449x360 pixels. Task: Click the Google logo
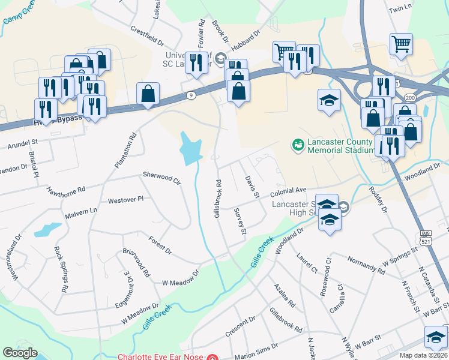pyautogui.click(x=20, y=353)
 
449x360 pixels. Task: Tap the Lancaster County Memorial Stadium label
pyautogui.click(x=340, y=146)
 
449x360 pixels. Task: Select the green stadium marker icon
pyautogui.click(x=297, y=145)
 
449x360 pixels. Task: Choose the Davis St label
pyautogui.click(x=252, y=187)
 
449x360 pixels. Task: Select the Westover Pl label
pyautogui.click(x=125, y=199)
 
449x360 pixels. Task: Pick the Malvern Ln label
pyautogui.click(x=81, y=211)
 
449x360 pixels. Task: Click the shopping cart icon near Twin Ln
pyautogui.click(x=401, y=43)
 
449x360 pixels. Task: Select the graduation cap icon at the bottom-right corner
pyautogui.click(x=436, y=337)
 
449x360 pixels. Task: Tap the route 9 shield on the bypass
pyautogui.click(x=190, y=95)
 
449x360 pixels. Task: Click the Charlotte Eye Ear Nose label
pyautogui.click(x=160, y=356)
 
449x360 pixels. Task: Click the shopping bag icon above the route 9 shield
pyautogui.click(x=148, y=94)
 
